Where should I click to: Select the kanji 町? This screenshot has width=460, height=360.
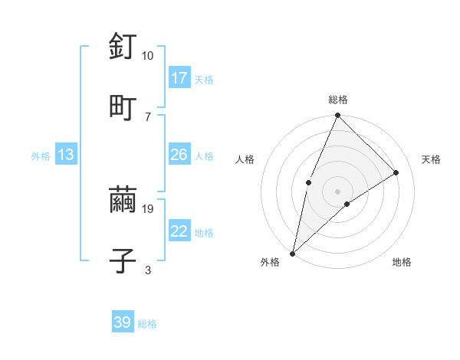[123, 106]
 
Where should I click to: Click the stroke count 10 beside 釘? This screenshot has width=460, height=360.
[147, 56]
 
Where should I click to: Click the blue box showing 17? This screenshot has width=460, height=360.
[179, 78]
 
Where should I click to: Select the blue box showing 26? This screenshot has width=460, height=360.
[179, 155]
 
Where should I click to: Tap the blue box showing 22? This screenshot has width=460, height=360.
[179, 231]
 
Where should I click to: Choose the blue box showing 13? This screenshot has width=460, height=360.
[66, 155]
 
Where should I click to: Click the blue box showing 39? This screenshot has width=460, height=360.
[123, 322]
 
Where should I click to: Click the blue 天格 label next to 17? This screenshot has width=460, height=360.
[204, 79]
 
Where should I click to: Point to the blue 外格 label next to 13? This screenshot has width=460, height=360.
[41, 155]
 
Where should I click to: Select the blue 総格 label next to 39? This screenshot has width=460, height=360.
[147, 323]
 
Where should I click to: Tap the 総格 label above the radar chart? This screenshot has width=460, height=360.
[338, 100]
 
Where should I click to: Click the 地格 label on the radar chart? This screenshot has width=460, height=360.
[402, 262]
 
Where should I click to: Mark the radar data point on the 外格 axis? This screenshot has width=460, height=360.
[292, 254]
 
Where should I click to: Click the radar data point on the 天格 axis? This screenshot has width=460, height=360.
[396, 172]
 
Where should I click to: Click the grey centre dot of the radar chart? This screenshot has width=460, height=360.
[338, 191]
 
